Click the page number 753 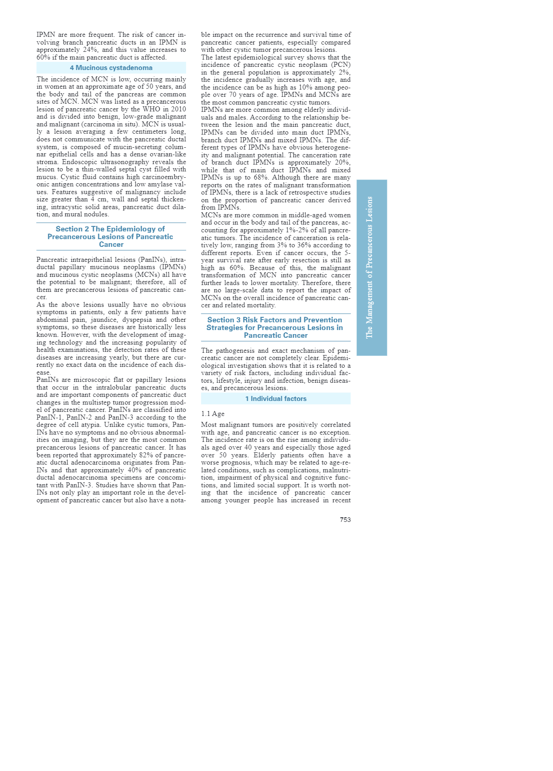(345, 520)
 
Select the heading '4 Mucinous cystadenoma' (111, 68)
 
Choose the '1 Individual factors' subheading (276, 399)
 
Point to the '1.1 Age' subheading (212, 414)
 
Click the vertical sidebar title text (370, 267)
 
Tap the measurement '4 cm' (99, 200)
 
